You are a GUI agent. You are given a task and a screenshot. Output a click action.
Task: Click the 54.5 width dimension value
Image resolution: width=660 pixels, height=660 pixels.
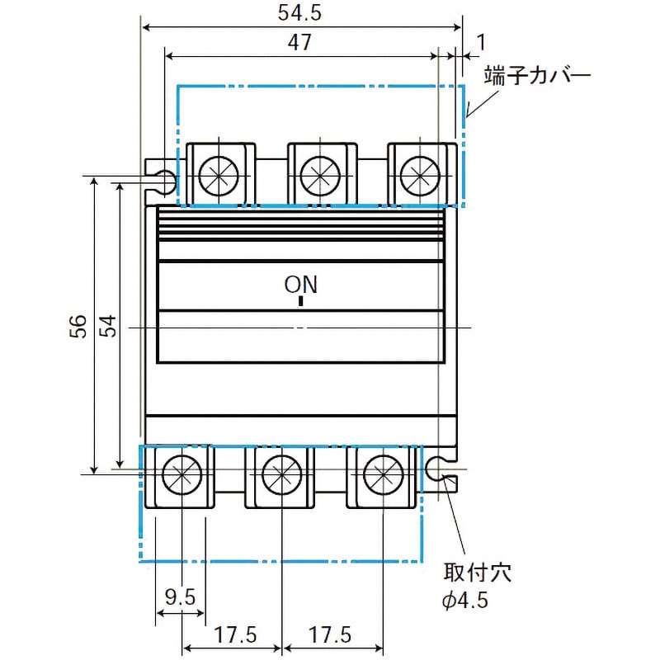coord(299,12)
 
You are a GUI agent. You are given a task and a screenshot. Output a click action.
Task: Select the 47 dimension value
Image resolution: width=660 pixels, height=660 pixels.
coord(299,42)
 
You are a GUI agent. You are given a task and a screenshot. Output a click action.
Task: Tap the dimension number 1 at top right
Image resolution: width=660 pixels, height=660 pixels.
coord(481,42)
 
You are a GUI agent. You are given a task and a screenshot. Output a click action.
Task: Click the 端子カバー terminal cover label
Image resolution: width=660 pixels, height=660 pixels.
coord(538,75)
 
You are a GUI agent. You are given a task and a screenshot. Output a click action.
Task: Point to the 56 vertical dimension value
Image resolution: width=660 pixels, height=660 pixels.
coord(78,326)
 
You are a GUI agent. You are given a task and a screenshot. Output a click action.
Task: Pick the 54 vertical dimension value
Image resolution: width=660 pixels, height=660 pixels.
coord(108,326)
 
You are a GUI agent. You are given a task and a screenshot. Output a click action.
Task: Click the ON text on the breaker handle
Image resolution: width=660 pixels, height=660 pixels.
coord(300,285)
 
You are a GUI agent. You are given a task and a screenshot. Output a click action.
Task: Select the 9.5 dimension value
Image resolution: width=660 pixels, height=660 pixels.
coord(180,596)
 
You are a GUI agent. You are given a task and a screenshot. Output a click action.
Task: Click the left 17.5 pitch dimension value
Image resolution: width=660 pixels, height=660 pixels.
coord(235,634)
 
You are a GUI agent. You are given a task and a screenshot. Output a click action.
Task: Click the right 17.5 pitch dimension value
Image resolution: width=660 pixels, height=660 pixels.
coord(330,634)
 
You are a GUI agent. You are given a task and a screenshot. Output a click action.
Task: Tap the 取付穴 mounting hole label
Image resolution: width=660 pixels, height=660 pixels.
coord(478,573)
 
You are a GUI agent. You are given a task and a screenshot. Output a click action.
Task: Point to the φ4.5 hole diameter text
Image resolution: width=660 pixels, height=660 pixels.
coord(465,600)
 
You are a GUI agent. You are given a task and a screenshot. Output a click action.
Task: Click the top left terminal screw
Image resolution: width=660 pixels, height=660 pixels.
coord(219,176)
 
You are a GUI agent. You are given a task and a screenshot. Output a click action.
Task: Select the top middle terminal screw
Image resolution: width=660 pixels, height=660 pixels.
coord(320,176)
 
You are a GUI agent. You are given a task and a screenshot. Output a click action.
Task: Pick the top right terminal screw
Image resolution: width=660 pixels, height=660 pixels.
coord(420,176)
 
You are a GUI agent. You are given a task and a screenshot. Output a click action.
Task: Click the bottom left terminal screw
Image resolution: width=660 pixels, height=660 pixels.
coord(181,474)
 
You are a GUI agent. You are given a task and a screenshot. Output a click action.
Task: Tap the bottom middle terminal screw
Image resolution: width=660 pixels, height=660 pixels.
coord(281,474)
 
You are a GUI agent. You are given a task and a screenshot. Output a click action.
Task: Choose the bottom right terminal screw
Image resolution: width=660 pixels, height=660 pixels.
coord(383,474)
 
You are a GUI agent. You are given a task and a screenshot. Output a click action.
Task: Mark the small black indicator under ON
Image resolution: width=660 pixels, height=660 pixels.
coord(300,301)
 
